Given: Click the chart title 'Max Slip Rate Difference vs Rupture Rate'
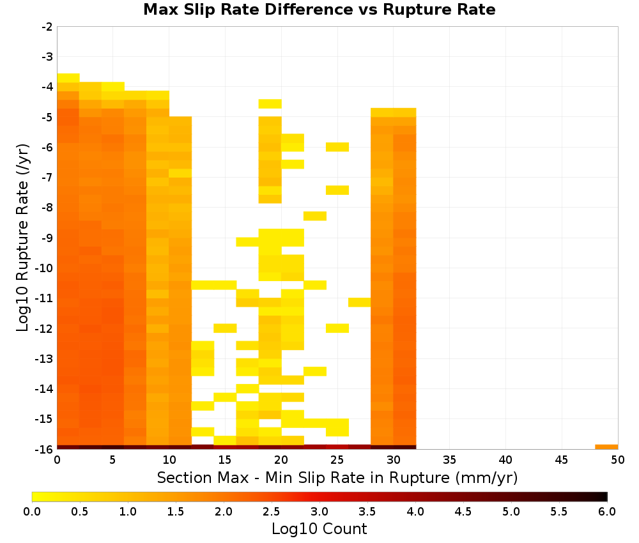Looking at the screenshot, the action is (319, 10).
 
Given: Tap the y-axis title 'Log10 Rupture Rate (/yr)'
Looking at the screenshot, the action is (22, 238).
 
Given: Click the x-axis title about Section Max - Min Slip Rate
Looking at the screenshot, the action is (337, 477).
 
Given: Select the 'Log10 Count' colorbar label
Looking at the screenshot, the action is (319, 529).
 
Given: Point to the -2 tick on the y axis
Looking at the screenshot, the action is (47, 27).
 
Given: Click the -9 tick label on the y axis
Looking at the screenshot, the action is (47, 238).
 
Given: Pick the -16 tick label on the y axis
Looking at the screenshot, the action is (45, 449).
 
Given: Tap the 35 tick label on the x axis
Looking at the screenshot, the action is (449, 461).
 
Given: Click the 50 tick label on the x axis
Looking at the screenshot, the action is (618, 461).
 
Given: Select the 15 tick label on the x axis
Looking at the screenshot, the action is (225, 461).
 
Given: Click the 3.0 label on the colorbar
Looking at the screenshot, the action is (319, 512).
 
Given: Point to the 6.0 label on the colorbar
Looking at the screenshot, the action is (607, 512).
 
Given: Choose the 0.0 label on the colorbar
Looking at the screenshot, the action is (32, 512).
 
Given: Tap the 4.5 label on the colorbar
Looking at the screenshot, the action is (463, 512).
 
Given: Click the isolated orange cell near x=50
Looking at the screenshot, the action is (606, 447).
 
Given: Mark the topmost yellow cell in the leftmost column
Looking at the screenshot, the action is (68, 78).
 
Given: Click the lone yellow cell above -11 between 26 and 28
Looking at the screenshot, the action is (359, 302).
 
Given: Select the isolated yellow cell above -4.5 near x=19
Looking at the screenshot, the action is (270, 104).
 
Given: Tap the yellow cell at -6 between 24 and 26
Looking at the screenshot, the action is (337, 147).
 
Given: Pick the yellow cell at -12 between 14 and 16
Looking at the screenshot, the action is (226, 328).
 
